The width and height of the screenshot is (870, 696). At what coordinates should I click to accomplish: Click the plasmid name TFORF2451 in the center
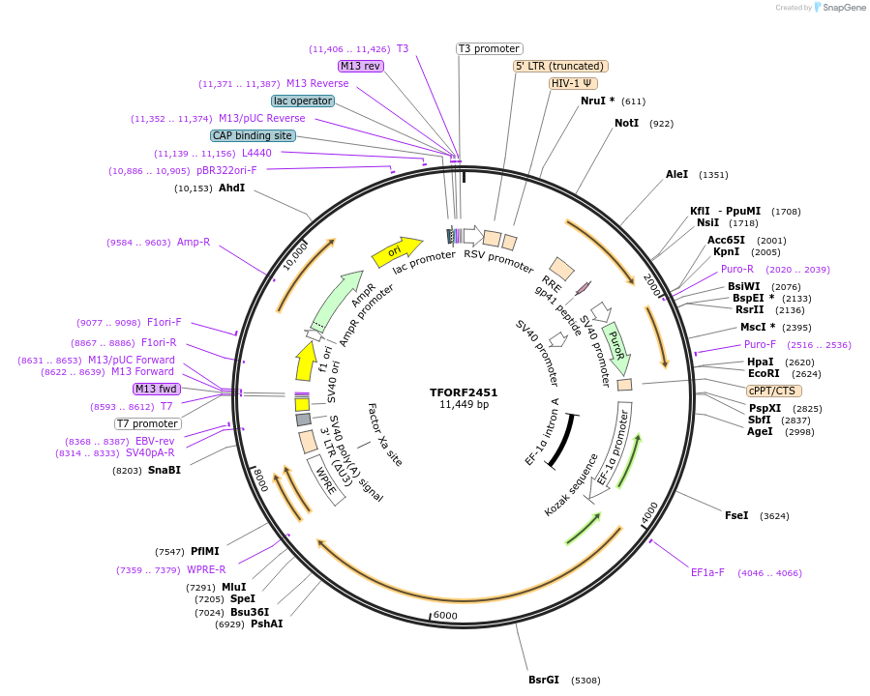pyautogui.click(x=464, y=392)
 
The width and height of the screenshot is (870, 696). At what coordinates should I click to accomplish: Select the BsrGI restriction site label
pyautogui.click(x=543, y=680)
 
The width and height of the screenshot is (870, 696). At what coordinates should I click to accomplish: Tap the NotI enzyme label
pyautogui.click(x=626, y=124)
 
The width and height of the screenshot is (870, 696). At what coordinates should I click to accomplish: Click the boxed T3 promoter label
pyautogui.click(x=489, y=48)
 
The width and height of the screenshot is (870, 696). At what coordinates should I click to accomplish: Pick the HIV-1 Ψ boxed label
pyautogui.click(x=572, y=83)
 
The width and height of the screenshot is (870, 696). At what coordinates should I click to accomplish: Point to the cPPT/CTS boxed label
pyautogui.click(x=772, y=391)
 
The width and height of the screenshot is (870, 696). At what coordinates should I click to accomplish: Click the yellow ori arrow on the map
pyautogui.click(x=397, y=251)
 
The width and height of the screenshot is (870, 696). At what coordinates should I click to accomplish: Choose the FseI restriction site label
pyautogui.click(x=736, y=516)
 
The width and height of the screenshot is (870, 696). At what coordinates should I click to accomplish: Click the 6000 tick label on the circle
pyautogui.click(x=444, y=616)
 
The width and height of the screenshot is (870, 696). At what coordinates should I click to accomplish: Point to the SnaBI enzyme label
pyautogui.click(x=165, y=471)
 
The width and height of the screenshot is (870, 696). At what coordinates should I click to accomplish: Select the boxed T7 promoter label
pyautogui.click(x=147, y=423)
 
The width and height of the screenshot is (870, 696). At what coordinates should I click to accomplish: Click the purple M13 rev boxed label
pyautogui.click(x=361, y=66)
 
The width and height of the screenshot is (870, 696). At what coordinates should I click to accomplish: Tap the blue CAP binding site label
pyautogui.click(x=253, y=135)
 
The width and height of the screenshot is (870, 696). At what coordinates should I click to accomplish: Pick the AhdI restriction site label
pyautogui.click(x=231, y=188)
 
